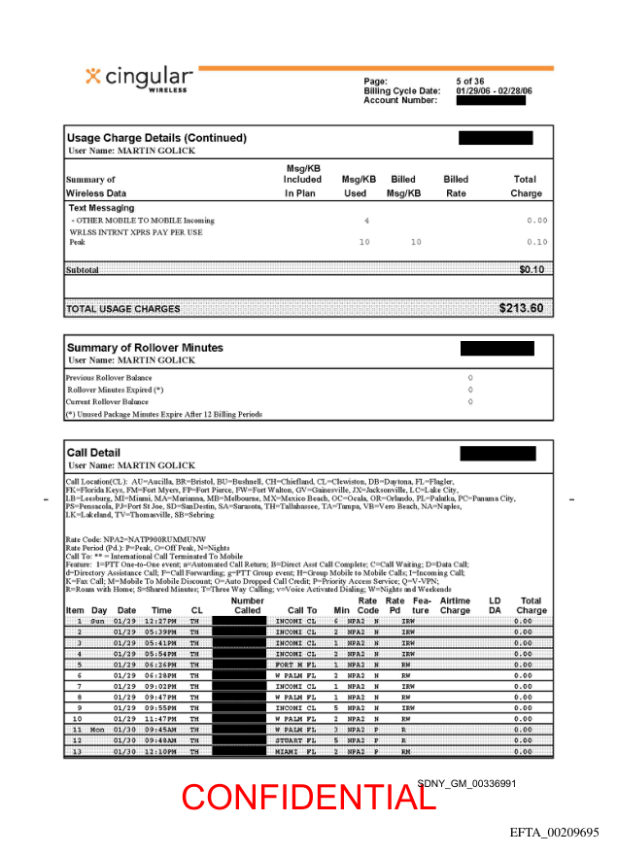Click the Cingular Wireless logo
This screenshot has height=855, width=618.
click(139, 79)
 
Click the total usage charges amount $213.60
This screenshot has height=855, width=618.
click(522, 309)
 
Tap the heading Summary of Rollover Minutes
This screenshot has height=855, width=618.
click(145, 348)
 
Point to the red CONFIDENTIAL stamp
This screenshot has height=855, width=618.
click(308, 797)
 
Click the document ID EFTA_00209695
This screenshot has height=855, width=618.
click(555, 833)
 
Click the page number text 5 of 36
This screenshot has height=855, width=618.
click(471, 81)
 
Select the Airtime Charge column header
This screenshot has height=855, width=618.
click(455, 605)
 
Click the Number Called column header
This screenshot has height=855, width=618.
click(248, 605)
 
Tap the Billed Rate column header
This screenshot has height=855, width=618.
click(456, 186)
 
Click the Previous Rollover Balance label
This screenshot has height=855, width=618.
click(109, 377)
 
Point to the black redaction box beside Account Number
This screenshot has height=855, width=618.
click(491, 100)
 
